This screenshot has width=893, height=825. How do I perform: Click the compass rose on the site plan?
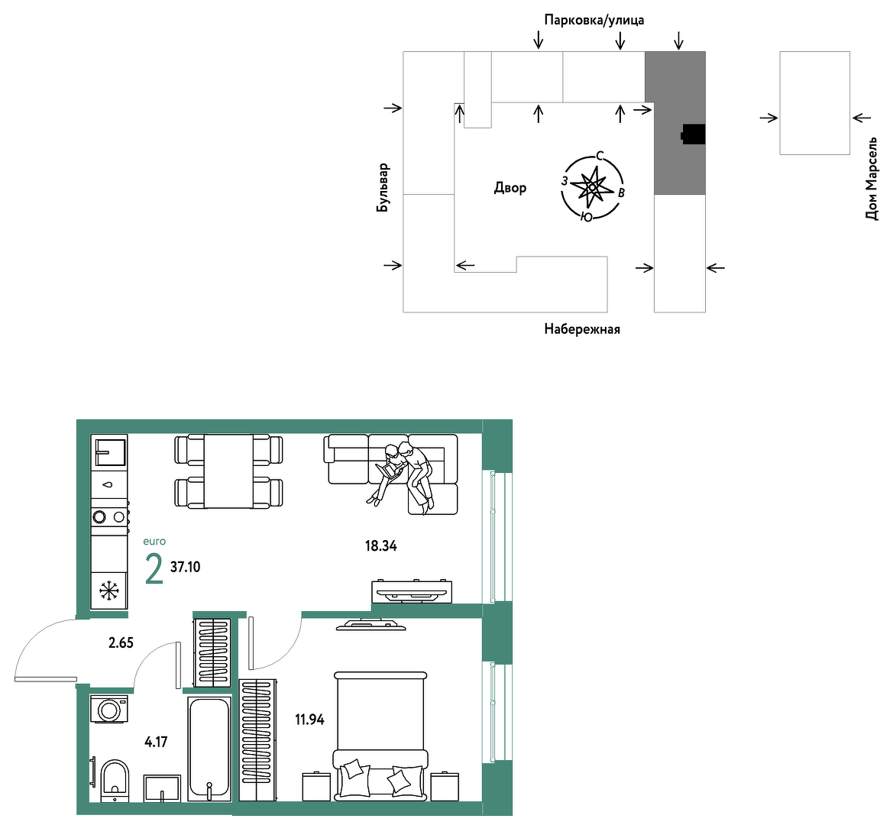coord(592,186)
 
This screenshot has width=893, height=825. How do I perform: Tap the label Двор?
coord(510,188)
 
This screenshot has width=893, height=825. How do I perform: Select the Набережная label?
coord(581,329)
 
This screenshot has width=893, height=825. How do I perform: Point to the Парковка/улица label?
coord(594,21)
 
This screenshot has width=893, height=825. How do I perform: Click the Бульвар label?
coord(383,188)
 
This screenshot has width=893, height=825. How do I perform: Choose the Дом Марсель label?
coord(871,179)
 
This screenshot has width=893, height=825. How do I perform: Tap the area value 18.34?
coord(380,546)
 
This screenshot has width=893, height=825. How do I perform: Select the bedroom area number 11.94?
coord(309,720)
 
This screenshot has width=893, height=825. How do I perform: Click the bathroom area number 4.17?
coord(156,742)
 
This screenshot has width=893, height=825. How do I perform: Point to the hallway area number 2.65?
coord(121,642)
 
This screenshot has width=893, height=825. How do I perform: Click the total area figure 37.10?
coord(185,567)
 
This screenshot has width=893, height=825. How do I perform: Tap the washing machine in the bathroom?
coord(108,710)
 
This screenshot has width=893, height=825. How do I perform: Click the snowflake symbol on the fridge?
coord(108,591)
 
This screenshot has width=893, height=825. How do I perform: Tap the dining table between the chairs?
coord(228,471)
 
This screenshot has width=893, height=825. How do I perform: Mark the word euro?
coord(154,542)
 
